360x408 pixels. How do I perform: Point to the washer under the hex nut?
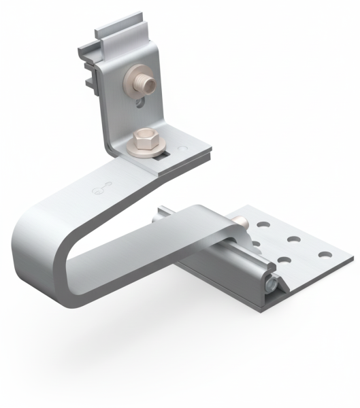(x=143, y=150)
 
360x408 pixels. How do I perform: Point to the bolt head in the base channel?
(x=271, y=285)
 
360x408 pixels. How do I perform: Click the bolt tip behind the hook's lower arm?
(x=241, y=222)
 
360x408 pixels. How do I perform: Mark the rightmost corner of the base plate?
(x=353, y=258)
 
